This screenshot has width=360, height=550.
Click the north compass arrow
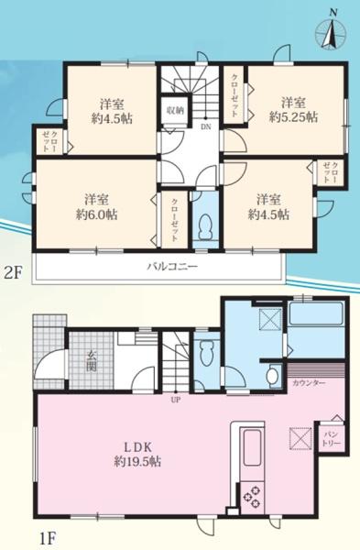(x=331, y=32)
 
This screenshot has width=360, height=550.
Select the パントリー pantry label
(x=330, y=437)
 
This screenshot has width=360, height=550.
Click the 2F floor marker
(x=13, y=271)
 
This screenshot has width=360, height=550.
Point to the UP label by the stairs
(x=173, y=400)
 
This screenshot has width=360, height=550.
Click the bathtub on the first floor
(x=315, y=321)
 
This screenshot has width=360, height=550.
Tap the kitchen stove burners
(x=251, y=496)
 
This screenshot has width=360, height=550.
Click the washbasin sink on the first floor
(x=271, y=377)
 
